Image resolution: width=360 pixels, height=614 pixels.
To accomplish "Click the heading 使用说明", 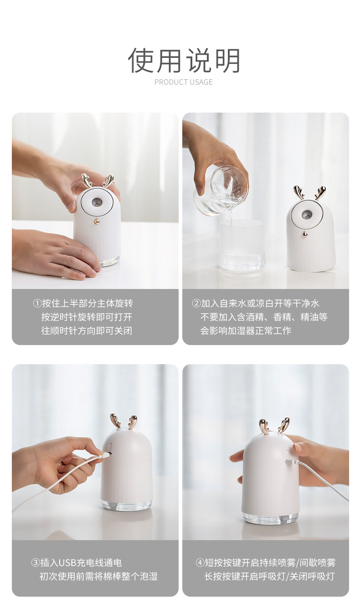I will (184, 61).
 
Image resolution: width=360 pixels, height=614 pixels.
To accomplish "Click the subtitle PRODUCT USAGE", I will (183, 82).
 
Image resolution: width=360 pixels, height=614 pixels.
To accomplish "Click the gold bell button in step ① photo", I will (97, 221).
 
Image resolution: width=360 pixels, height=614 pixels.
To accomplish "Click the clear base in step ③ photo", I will (126, 505).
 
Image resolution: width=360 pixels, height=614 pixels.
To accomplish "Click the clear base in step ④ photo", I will (270, 518).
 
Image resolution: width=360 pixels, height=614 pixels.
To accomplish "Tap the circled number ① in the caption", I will (37, 304).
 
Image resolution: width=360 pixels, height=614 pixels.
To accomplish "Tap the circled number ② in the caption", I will (196, 304).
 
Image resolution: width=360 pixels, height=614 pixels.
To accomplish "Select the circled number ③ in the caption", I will (36, 563).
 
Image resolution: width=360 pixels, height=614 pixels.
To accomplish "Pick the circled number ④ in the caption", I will (200, 563).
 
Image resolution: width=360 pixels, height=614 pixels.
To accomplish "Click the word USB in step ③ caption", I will (68, 563).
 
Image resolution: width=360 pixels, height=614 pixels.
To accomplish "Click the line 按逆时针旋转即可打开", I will (87, 317).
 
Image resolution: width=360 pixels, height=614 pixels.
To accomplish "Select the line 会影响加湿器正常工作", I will (246, 331).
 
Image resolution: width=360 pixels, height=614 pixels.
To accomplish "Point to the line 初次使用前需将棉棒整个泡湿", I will (98, 577).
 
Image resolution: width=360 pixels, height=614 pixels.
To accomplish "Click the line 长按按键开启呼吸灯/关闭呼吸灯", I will (269, 577).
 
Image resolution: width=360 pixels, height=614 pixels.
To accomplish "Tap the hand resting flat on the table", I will (55, 255).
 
